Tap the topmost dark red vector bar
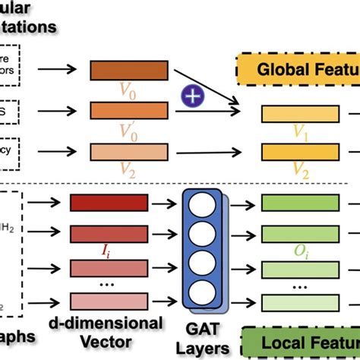pos(108,203)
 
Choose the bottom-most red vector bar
pos(108,300)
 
